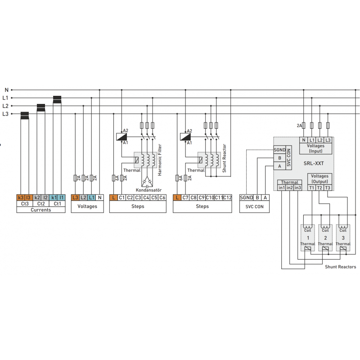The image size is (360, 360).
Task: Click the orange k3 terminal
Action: [x=21, y=198]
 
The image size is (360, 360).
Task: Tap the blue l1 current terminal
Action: [x=62, y=198]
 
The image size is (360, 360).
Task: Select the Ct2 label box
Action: [x=41, y=204]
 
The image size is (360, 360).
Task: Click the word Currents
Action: [x=41, y=210]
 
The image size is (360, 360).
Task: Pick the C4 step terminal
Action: [x=146, y=198]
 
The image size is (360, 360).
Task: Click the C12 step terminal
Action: [x=227, y=198]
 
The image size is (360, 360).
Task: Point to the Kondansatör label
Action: [x=148, y=190]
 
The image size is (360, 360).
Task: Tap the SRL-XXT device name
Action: [x=314, y=163]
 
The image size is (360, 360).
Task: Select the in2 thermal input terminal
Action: [x=290, y=188]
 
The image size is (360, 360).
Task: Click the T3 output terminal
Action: [x=328, y=188]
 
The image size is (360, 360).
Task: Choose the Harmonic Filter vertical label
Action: [x=160, y=160]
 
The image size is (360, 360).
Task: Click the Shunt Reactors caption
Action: [x=341, y=266]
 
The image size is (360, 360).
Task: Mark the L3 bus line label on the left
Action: [x=5, y=114]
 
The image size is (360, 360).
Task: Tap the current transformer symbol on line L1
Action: [x=57, y=99]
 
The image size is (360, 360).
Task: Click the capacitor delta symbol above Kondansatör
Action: [x=147, y=182]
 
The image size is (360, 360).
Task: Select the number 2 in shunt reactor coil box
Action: [x=325, y=238]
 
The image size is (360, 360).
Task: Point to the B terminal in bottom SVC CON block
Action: [x=257, y=198]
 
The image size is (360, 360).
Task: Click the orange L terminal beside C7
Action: [x=177, y=198]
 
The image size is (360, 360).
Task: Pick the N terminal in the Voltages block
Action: [x=99, y=198]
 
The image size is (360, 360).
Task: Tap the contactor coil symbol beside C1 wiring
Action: [x=121, y=137]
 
